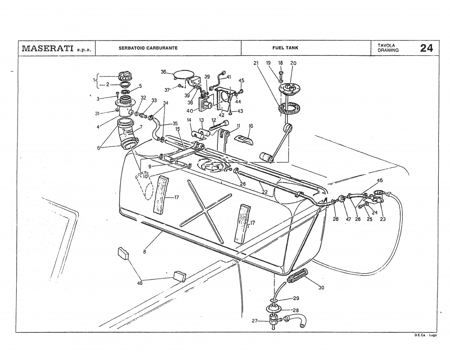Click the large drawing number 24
(x=426, y=48)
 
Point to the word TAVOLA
(x=386, y=45)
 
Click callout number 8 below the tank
(x=144, y=252)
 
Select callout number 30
(x=321, y=288)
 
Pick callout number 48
(x=139, y=283)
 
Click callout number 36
(x=164, y=72)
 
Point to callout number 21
(x=256, y=63)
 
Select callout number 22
(x=265, y=192)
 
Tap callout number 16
(x=251, y=126)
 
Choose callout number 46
(x=380, y=180)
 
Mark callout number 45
(x=241, y=81)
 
